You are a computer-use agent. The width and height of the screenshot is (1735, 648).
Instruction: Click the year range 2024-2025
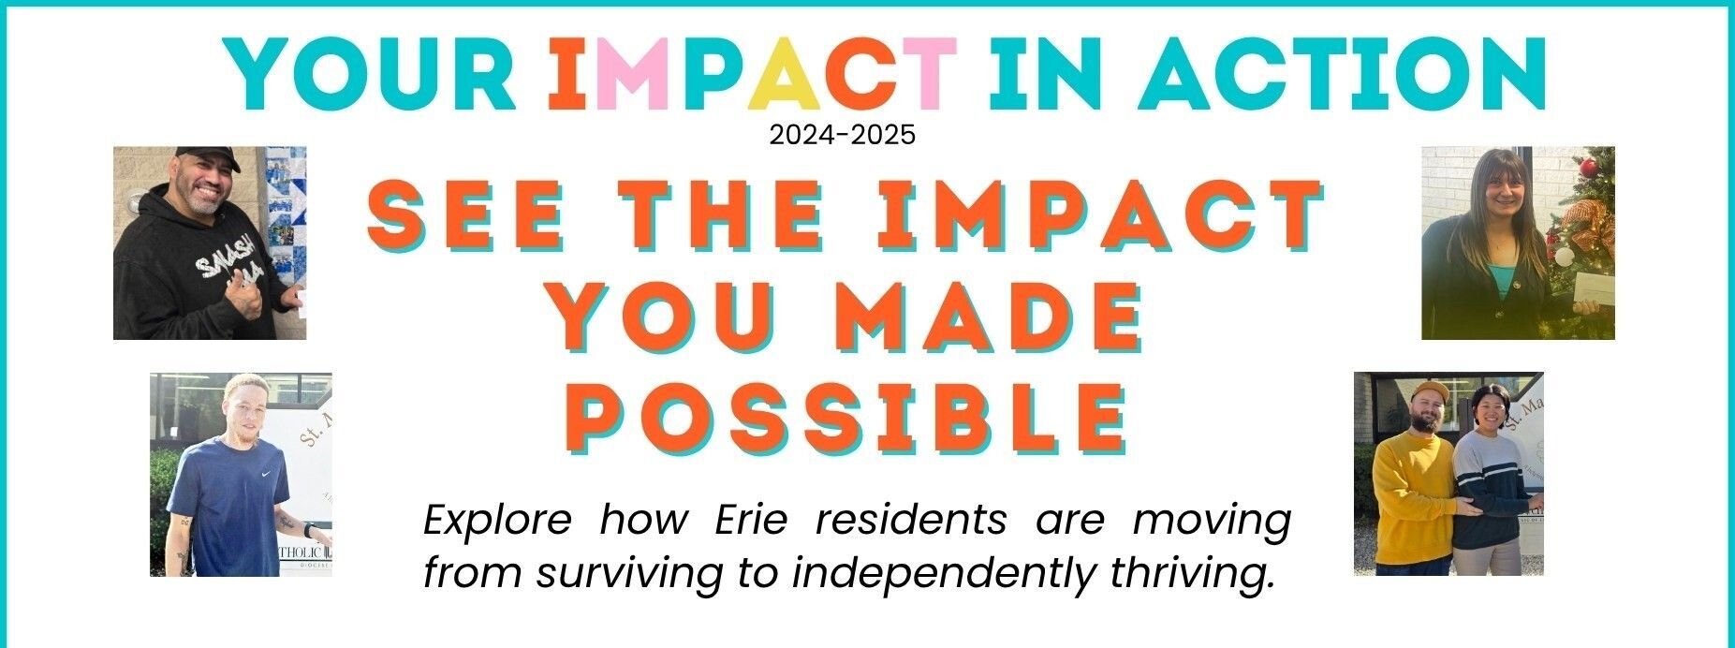842,136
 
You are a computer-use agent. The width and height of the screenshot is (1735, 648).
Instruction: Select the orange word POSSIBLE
846,418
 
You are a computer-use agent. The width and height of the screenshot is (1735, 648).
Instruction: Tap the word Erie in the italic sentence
754,520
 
